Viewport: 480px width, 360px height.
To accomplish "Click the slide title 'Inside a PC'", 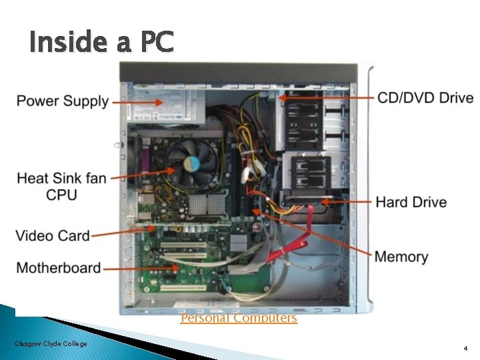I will pos(101,43).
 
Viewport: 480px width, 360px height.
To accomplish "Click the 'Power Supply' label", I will pos(62,101).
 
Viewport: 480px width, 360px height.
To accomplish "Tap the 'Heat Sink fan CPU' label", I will pos(61,186).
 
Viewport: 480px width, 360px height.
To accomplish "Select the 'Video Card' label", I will pos(53,235).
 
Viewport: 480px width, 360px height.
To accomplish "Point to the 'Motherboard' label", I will pos(59,268).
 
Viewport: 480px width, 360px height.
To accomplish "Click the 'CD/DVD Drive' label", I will pos(425,98).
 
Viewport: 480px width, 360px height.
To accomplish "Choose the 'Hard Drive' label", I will pos(411,202).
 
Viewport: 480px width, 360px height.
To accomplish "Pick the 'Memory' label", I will pos(401,257).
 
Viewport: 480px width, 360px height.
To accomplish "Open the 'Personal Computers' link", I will pos(239,318).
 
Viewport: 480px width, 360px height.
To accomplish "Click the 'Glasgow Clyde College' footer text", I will pos(51,343).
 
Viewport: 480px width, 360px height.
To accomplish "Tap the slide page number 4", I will pos(465,349).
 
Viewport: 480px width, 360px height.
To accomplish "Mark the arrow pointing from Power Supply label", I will pos(137,102).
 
